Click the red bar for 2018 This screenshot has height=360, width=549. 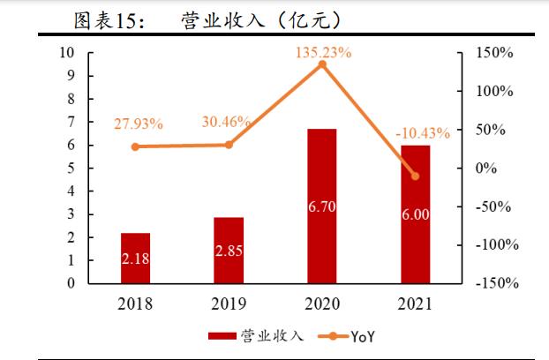point(135,259)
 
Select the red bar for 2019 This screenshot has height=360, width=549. point(229,251)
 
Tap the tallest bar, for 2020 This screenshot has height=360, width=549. point(322,206)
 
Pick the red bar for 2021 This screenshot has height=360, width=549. point(416,214)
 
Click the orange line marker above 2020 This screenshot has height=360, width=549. point(322,64)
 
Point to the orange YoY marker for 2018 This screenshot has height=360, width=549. point(135,146)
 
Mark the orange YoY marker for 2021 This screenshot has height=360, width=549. point(416,176)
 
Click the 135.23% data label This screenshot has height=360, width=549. point(323,53)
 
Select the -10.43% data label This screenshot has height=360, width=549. point(422,133)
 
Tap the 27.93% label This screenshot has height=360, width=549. point(138,124)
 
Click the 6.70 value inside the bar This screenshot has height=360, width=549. point(322,206)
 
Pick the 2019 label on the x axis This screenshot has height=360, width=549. point(229,304)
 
